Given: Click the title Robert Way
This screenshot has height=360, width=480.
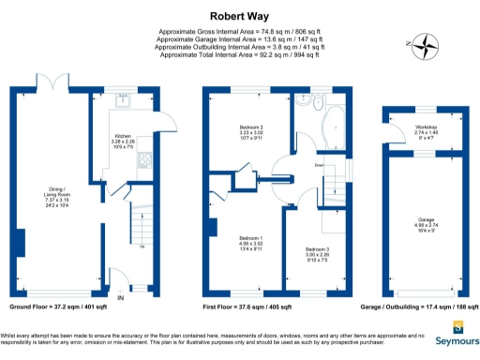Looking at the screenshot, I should pos(240,15).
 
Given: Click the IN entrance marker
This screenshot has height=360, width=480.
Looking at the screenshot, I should pos(119,298).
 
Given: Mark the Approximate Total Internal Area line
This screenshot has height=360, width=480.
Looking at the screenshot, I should pos(240,54).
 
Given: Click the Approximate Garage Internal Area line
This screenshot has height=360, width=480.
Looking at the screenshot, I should pos(240,39).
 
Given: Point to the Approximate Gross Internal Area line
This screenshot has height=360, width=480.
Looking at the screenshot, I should pos(240,32).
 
